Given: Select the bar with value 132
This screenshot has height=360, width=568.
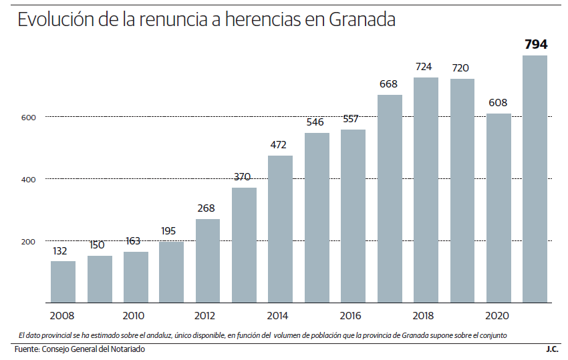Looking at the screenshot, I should click(x=63, y=282).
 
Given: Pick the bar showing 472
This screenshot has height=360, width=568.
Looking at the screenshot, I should click(x=281, y=229).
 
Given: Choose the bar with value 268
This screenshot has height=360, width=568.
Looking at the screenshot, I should click(x=208, y=261).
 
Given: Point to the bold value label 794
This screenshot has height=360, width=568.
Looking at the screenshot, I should click(x=536, y=45).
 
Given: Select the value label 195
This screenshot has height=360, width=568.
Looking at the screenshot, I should click(x=170, y=231).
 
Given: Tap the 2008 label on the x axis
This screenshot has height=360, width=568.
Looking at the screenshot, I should click(x=62, y=316).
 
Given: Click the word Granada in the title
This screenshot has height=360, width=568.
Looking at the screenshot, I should click(x=363, y=20).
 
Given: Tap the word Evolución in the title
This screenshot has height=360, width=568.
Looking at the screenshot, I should click(x=55, y=20).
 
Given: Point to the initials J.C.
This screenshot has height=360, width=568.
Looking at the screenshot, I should click(x=552, y=349).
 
